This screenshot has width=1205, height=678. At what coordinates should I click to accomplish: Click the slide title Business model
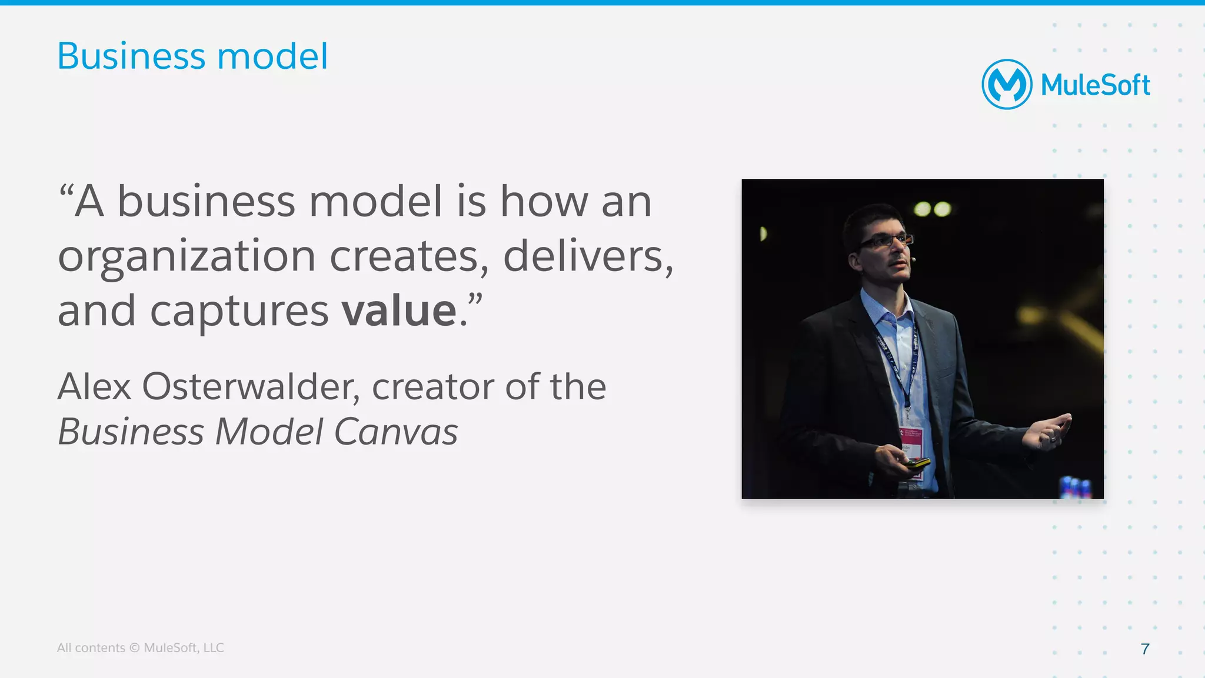pyautogui.click(x=192, y=56)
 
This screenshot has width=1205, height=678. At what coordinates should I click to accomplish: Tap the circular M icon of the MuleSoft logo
pyautogui.click(x=1007, y=84)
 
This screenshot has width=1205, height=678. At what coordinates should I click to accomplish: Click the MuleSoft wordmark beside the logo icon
pyautogui.click(x=1095, y=85)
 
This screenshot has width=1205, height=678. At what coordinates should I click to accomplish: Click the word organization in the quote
pyautogui.click(x=187, y=258)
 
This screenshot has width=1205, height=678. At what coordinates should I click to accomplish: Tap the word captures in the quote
pyautogui.click(x=239, y=312)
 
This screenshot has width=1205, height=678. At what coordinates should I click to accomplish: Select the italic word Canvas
pyautogui.click(x=395, y=432)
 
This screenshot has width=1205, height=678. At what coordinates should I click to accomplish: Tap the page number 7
pyautogui.click(x=1144, y=649)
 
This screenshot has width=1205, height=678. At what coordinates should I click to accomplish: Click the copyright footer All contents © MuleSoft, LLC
pyautogui.click(x=140, y=647)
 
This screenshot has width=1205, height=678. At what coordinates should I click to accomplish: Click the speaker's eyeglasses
pyautogui.click(x=886, y=241)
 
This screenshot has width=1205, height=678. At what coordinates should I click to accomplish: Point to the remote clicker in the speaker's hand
pyautogui.click(x=916, y=463)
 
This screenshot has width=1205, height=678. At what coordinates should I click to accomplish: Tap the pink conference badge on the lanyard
pyautogui.click(x=911, y=441)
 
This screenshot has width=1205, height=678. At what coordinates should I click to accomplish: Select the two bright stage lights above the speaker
pyautogui.click(x=933, y=209)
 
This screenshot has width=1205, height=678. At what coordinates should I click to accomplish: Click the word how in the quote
pyautogui.click(x=543, y=202)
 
